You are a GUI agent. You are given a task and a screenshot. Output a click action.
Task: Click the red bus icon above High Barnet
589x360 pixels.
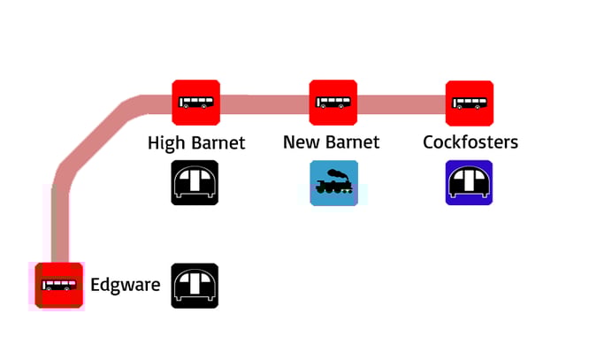(x=195, y=103)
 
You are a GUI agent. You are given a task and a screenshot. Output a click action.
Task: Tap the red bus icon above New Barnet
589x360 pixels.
(x=333, y=103)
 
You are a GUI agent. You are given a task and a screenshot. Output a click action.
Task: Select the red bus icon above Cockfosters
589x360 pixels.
(x=469, y=103)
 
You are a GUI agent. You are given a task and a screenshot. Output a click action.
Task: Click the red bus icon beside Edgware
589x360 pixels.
(x=59, y=286)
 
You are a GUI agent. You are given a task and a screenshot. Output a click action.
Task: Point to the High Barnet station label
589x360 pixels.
(x=196, y=142)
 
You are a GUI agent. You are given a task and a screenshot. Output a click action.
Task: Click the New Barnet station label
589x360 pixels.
(x=332, y=142)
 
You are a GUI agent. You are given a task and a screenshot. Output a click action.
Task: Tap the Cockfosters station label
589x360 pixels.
(x=470, y=142)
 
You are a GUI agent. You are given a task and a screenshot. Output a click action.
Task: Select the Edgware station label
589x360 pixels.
(x=125, y=285)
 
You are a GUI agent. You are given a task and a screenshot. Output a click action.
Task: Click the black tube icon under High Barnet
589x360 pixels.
(x=195, y=183)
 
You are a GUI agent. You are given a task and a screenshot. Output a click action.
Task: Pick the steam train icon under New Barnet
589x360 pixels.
(x=333, y=183)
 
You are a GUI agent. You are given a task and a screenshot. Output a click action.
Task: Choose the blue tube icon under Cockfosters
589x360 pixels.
(x=469, y=183)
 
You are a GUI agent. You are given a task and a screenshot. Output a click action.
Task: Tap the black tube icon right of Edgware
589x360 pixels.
(x=195, y=286)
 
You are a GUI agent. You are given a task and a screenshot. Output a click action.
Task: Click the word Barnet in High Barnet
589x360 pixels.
(x=217, y=142)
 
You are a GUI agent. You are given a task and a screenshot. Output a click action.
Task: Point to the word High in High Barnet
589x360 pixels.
(x=166, y=142)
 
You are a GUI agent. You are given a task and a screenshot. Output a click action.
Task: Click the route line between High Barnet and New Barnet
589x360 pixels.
(x=264, y=103)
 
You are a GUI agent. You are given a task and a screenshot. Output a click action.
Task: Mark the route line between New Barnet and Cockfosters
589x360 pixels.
(x=401, y=103)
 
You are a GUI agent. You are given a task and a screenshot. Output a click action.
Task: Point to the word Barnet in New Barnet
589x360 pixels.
(x=351, y=142)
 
